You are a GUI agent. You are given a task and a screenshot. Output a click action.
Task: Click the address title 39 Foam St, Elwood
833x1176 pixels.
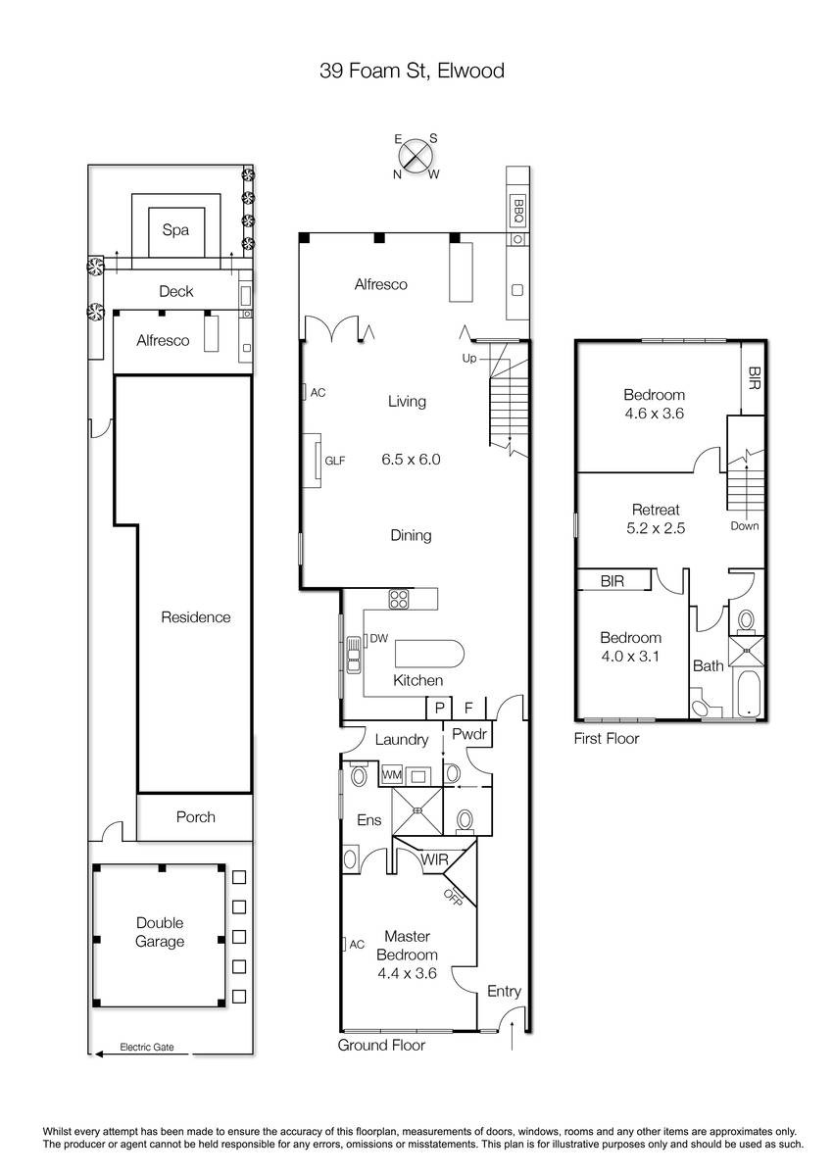tap(412, 71)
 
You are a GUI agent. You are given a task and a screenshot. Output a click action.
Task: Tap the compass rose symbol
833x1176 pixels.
tap(416, 156)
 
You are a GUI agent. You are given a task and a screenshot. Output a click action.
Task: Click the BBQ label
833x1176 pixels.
tap(518, 211)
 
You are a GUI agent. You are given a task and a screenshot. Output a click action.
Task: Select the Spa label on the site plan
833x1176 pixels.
tap(175, 230)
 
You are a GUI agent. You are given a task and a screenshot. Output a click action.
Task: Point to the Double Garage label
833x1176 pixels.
tap(160, 932)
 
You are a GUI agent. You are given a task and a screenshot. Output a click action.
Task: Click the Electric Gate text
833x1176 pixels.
tap(146, 1047)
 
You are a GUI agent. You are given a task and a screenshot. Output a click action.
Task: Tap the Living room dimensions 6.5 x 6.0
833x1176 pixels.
tap(411, 460)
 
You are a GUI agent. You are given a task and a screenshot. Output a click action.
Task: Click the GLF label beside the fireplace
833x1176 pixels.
tap(335, 461)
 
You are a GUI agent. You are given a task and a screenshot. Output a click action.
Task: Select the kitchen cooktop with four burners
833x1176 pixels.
tap(399, 600)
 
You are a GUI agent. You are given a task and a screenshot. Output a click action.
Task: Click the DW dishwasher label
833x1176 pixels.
tap(378, 638)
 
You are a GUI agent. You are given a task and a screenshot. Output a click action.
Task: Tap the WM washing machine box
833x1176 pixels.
tap(392, 775)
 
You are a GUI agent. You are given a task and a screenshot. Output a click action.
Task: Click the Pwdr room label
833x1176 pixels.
tap(469, 734)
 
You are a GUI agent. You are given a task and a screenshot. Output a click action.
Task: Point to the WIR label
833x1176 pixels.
tap(434, 860)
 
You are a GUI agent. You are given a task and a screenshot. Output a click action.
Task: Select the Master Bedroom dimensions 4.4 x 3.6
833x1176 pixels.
tap(407, 973)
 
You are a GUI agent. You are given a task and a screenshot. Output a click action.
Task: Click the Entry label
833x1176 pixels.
tap(504, 991)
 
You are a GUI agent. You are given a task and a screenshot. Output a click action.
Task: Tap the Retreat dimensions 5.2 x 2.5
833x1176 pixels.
tap(656, 528)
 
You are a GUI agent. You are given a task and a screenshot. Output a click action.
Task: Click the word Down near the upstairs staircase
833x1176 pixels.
tap(744, 526)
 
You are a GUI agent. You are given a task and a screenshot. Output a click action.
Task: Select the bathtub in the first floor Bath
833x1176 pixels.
tap(748, 693)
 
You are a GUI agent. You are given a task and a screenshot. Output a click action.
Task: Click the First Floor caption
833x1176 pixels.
tap(607, 739)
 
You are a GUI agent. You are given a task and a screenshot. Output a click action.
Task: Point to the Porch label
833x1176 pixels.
tap(195, 817)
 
